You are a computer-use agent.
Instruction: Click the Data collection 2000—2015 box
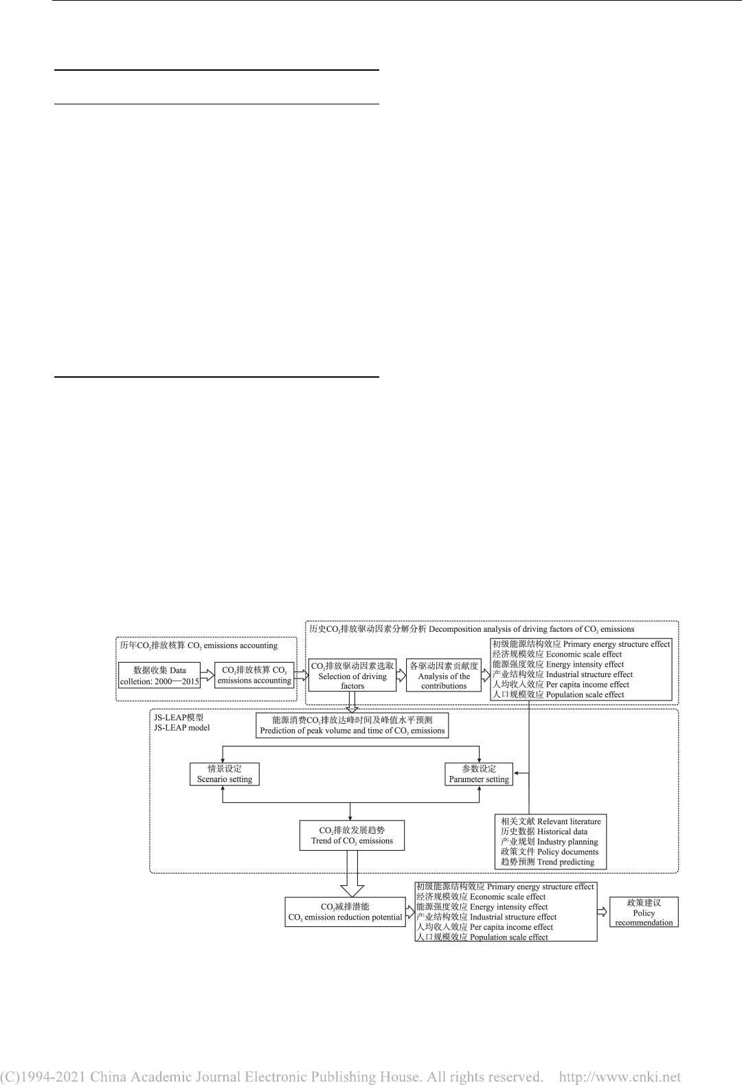coord(159,676)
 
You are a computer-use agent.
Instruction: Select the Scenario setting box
coord(225,774)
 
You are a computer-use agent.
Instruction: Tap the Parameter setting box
coord(479,774)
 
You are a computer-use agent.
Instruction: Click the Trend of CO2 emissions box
coord(352,835)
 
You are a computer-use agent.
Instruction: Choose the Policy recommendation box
coord(644,913)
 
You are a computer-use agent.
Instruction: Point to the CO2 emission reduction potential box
coord(346,912)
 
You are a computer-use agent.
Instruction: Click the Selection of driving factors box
coord(352,676)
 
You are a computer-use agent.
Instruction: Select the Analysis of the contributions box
coord(444,676)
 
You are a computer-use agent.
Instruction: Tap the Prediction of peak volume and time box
coord(352,726)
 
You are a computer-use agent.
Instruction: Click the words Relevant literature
coord(568,821)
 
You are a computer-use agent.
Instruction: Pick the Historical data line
coord(562,832)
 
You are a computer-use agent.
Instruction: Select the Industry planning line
coord(567,842)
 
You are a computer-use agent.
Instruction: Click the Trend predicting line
coord(565,862)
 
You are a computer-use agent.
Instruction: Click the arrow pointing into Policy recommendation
coord(603,912)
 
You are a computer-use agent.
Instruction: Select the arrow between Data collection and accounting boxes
coord(207,676)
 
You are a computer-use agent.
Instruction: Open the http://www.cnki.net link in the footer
coord(620,1077)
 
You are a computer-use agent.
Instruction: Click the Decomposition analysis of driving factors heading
coord(532,629)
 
